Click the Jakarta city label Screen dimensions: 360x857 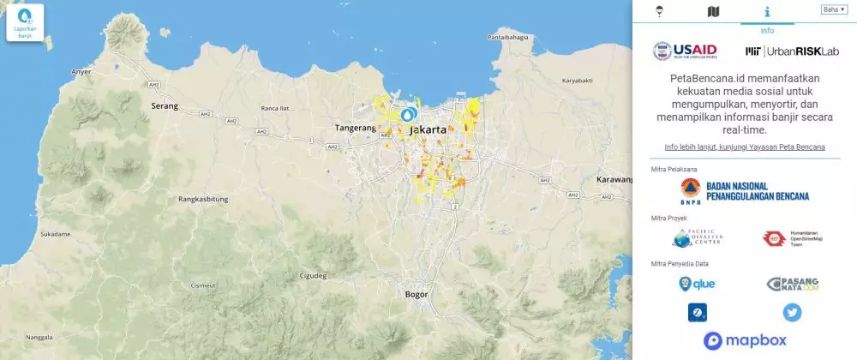click(428, 130)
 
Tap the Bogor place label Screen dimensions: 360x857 click(417, 294)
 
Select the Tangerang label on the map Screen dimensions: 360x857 click(355, 128)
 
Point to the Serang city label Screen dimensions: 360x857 click(165, 106)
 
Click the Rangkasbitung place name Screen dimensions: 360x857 click(203, 199)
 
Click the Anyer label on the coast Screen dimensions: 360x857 click(82, 71)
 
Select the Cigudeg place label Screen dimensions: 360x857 click(313, 276)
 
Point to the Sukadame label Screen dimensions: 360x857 click(55, 233)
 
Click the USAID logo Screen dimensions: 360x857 click(686, 51)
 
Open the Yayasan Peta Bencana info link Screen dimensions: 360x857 click(744, 147)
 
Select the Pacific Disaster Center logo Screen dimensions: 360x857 click(698, 238)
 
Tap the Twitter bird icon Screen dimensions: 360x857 click(792, 313)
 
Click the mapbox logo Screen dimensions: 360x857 click(744, 341)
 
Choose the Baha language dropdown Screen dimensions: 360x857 click(834, 9)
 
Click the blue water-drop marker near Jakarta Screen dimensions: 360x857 click(409, 114)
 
